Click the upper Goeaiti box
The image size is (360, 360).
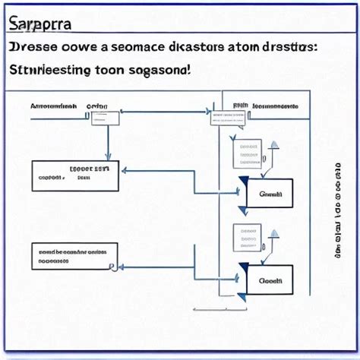(x=270, y=194)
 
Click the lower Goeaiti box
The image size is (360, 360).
(x=270, y=279)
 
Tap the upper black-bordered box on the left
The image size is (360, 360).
(x=75, y=175)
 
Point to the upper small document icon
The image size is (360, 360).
(x=246, y=154)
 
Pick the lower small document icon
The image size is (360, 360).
(x=246, y=238)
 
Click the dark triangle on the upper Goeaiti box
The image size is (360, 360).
(x=243, y=182)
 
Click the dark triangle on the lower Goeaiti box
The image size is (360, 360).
(x=243, y=267)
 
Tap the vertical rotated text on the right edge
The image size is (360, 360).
(x=336, y=209)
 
